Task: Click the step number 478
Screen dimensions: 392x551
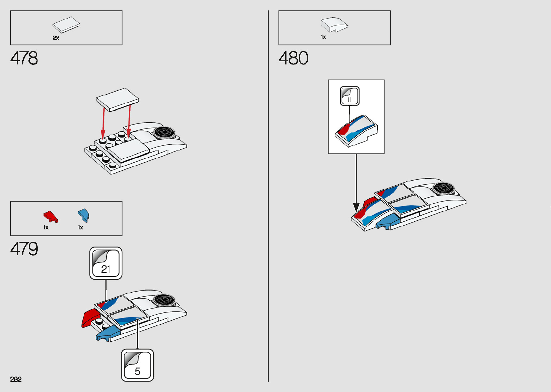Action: click(24, 58)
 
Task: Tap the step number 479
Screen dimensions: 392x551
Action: click(24, 249)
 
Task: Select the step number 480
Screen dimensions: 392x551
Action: click(293, 58)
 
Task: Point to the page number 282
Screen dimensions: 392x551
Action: click(16, 379)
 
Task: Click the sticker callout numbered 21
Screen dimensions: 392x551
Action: click(106, 263)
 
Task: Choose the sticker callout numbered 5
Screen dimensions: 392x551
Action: click(137, 365)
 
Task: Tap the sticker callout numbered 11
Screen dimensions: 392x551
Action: click(349, 96)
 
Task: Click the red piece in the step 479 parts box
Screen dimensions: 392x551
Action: click(50, 216)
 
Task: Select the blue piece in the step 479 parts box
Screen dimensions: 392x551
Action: click(83, 215)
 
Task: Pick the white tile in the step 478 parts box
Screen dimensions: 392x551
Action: click(66, 25)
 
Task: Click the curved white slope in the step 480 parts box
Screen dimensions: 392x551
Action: click(334, 25)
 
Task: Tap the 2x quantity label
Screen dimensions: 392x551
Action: click(56, 38)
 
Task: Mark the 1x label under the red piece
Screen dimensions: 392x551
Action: click(46, 227)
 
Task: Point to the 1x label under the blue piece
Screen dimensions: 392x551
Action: click(81, 227)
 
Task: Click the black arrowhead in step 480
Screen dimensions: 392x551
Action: click(356, 207)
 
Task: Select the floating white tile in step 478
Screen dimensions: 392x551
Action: click(117, 99)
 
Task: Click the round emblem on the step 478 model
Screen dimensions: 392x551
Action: click(165, 132)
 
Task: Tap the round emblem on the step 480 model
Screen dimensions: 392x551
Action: click(443, 188)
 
